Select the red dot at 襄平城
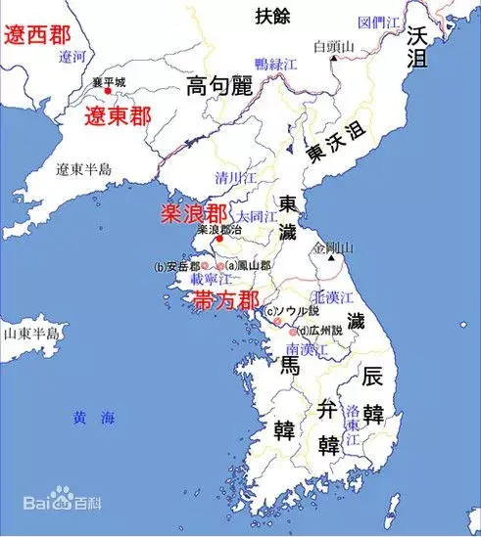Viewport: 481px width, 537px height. [x=108, y=91]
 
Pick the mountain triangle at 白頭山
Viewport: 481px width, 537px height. [x=334, y=57]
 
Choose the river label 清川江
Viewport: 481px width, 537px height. [x=236, y=179]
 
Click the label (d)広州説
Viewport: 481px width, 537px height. [x=319, y=330]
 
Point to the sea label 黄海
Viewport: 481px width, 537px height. [x=94, y=418]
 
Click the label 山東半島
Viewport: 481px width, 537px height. [x=31, y=334]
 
